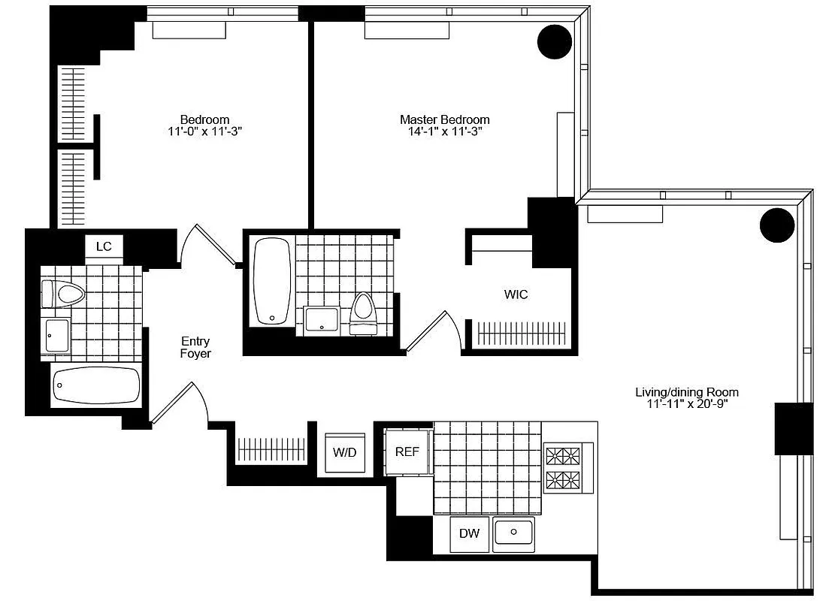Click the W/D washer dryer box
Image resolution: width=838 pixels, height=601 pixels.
(x=345, y=454)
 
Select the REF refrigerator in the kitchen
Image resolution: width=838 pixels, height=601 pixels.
(x=407, y=452)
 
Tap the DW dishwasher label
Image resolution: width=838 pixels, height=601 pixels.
(x=469, y=534)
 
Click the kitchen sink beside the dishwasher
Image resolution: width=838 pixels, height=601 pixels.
(x=514, y=533)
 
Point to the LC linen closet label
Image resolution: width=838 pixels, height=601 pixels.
(x=104, y=246)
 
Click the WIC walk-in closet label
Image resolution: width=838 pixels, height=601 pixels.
(x=516, y=294)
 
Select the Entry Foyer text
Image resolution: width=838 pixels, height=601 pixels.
(x=195, y=347)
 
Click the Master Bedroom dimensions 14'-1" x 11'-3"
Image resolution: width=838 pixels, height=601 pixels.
(x=444, y=131)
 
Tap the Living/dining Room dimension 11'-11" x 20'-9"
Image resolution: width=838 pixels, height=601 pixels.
(x=686, y=404)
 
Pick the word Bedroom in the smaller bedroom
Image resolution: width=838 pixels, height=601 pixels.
(x=204, y=119)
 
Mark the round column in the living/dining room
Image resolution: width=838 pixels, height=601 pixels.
(x=776, y=225)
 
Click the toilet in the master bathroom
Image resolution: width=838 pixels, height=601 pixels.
(x=363, y=313)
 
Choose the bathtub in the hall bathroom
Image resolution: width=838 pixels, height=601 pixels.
(x=96, y=386)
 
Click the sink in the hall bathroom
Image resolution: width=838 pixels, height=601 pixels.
(x=56, y=335)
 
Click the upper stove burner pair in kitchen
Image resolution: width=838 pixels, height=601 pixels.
(x=563, y=456)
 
